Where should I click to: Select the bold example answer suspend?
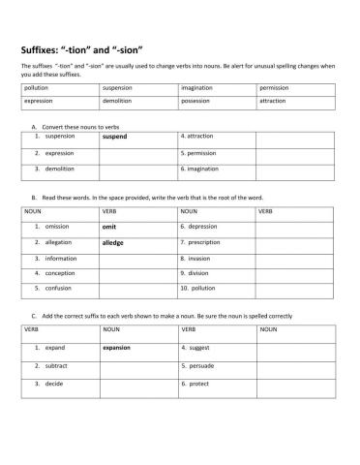tap(114, 137)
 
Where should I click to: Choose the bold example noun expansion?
tap(116, 347)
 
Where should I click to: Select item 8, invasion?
tap(198, 259)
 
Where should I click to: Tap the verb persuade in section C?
tap(198, 365)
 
